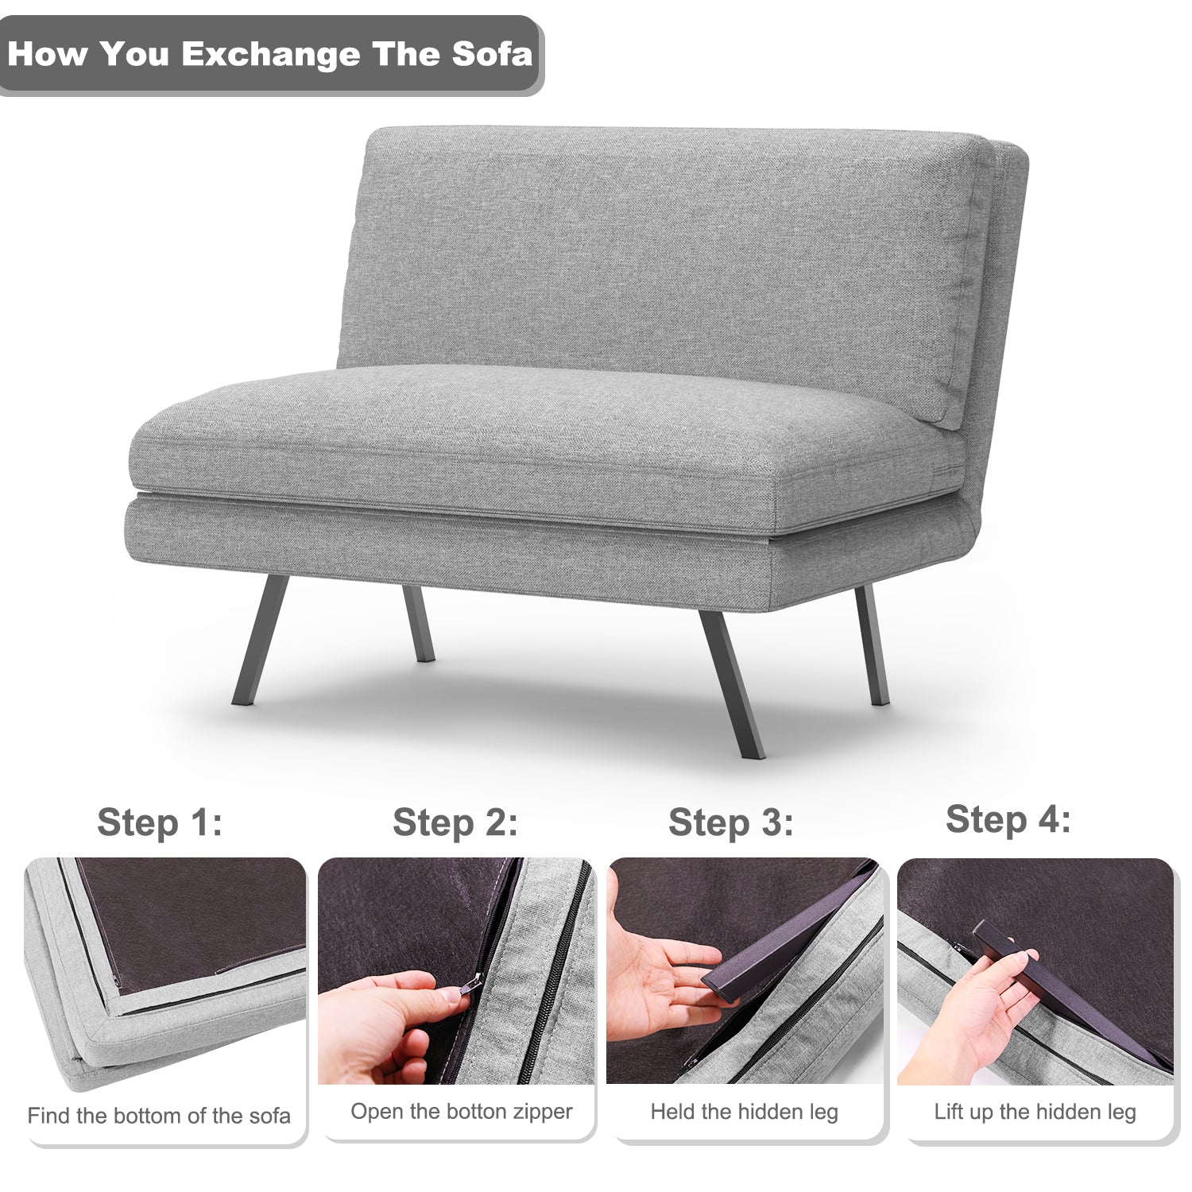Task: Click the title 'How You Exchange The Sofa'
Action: tap(269, 54)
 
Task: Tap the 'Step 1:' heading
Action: tap(160, 822)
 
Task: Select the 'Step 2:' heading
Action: tap(455, 822)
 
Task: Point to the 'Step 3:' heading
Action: tap(730, 822)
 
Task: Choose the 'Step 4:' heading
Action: tap(1008, 819)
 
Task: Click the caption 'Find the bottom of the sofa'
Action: tap(159, 1116)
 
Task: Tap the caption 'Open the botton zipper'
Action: tap(462, 1111)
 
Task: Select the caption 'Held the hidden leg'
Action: tap(745, 1112)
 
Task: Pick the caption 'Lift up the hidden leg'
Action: tap(1035, 1112)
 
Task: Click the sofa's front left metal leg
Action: tap(261, 640)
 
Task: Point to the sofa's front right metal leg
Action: tap(732, 683)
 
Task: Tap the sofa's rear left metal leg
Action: tap(418, 624)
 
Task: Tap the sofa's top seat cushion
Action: tap(548, 445)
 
